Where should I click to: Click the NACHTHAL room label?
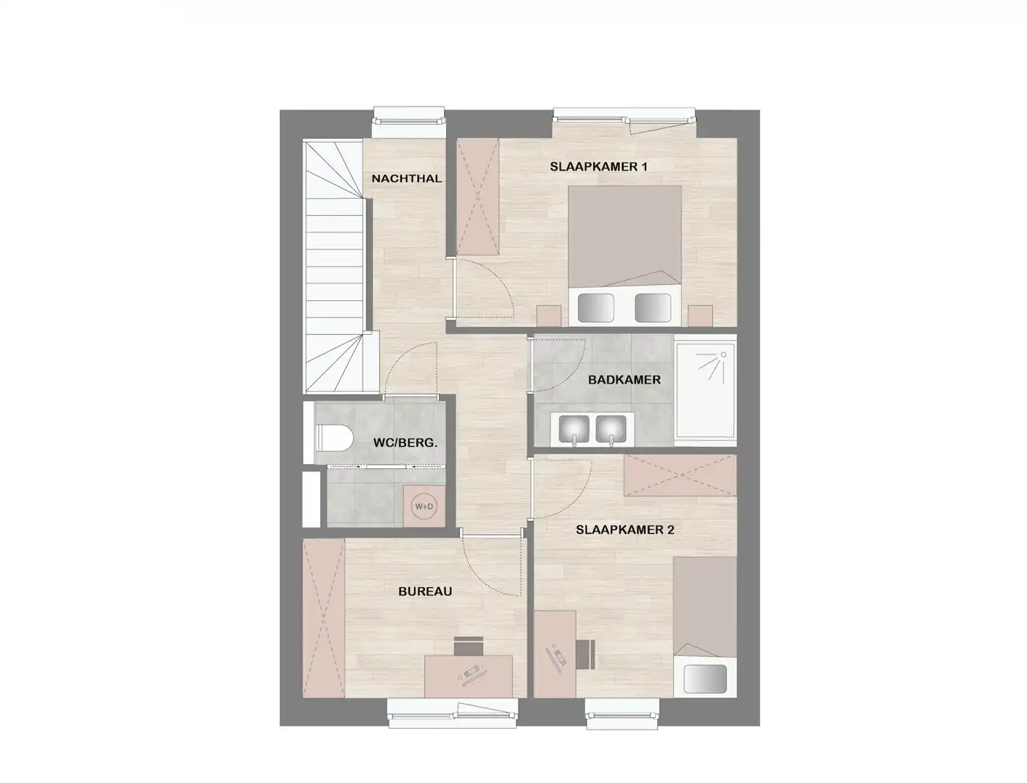[x=406, y=178]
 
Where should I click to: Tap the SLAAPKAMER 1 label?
[x=598, y=167]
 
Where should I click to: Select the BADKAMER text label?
[x=624, y=380]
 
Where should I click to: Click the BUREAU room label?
[x=425, y=592]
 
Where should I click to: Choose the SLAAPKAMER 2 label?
[x=624, y=530]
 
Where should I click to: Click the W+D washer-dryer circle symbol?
[x=423, y=507]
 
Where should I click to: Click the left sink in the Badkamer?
[x=574, y=429]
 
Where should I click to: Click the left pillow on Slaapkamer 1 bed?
[x=595, y=307]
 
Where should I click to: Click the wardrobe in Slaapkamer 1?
[x=477, y=196]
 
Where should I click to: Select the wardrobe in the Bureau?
[x=323, y=618]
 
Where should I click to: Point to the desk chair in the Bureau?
[x=469, y=645]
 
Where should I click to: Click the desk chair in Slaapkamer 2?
[x=587, y=654]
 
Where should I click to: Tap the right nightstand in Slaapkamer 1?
[x=701, y=316]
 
